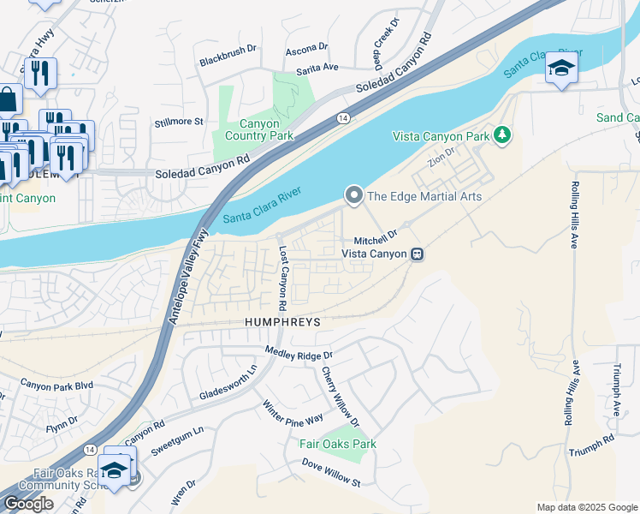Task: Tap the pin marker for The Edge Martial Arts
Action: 353,196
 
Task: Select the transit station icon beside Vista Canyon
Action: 417,254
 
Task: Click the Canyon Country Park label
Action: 258,129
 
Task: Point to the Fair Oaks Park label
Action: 337,444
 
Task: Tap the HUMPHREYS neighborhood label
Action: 281,322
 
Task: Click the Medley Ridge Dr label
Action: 298,352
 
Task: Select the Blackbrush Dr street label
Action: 228,50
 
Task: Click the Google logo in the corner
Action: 28,504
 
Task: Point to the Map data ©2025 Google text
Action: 587,507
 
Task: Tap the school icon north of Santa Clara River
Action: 561,69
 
